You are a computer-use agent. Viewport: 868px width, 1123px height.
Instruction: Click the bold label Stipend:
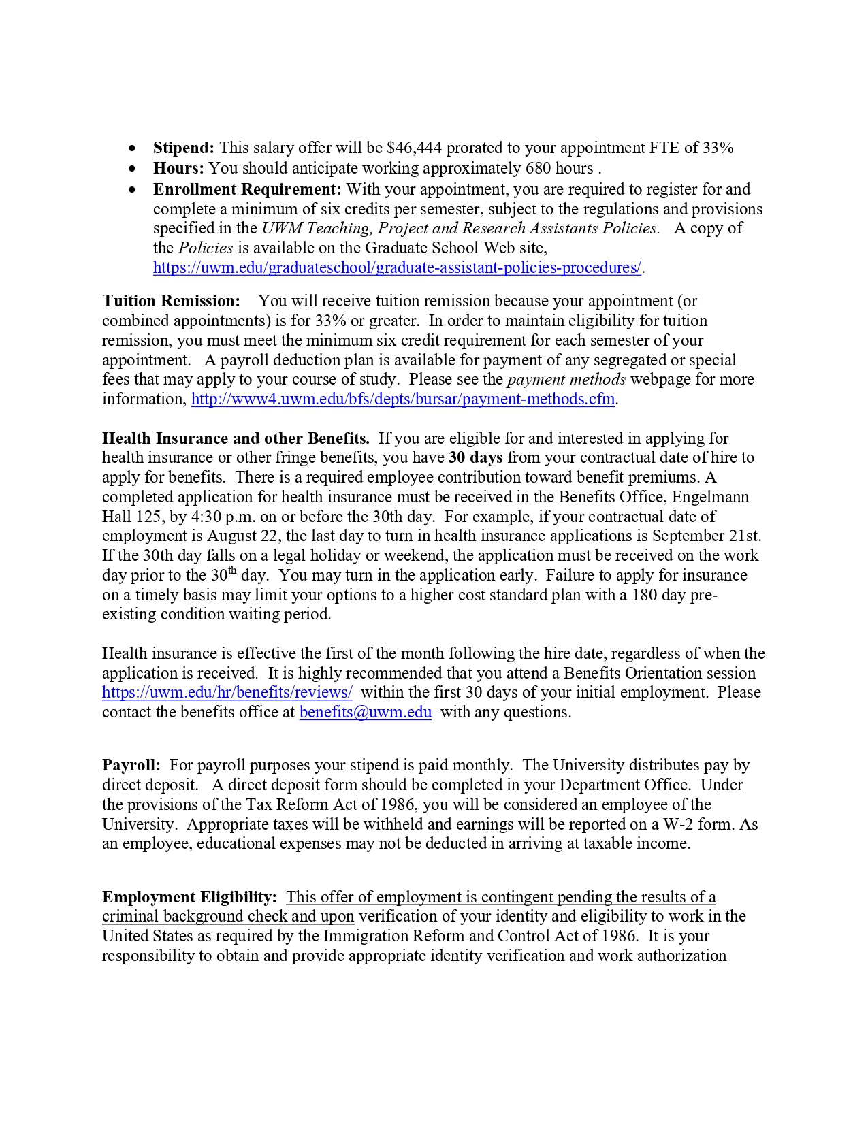click(183, 148)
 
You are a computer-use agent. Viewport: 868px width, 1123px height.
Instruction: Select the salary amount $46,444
click(413, 148)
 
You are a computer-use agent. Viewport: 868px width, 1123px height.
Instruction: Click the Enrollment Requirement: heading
click(247, 189)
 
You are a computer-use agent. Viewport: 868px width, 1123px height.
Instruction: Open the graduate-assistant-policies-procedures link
click(397, 267)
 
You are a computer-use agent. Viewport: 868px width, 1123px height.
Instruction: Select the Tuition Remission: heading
click(171, 301)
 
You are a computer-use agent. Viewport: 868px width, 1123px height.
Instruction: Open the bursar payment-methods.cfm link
click(403, 399)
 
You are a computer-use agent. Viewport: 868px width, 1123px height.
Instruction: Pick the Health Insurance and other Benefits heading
click(236, 438)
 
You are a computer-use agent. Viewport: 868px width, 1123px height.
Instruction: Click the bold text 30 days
click(475, 457)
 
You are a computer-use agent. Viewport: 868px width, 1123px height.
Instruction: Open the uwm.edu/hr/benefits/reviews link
click(227, 692)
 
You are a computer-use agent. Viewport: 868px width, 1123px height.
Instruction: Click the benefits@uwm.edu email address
click(366, 712)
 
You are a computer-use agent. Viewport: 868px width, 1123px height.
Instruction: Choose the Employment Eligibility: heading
click(189, 897)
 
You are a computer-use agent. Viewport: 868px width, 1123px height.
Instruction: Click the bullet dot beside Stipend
click(132, 148)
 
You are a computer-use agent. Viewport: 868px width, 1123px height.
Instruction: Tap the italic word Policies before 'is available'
click(206, 248)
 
